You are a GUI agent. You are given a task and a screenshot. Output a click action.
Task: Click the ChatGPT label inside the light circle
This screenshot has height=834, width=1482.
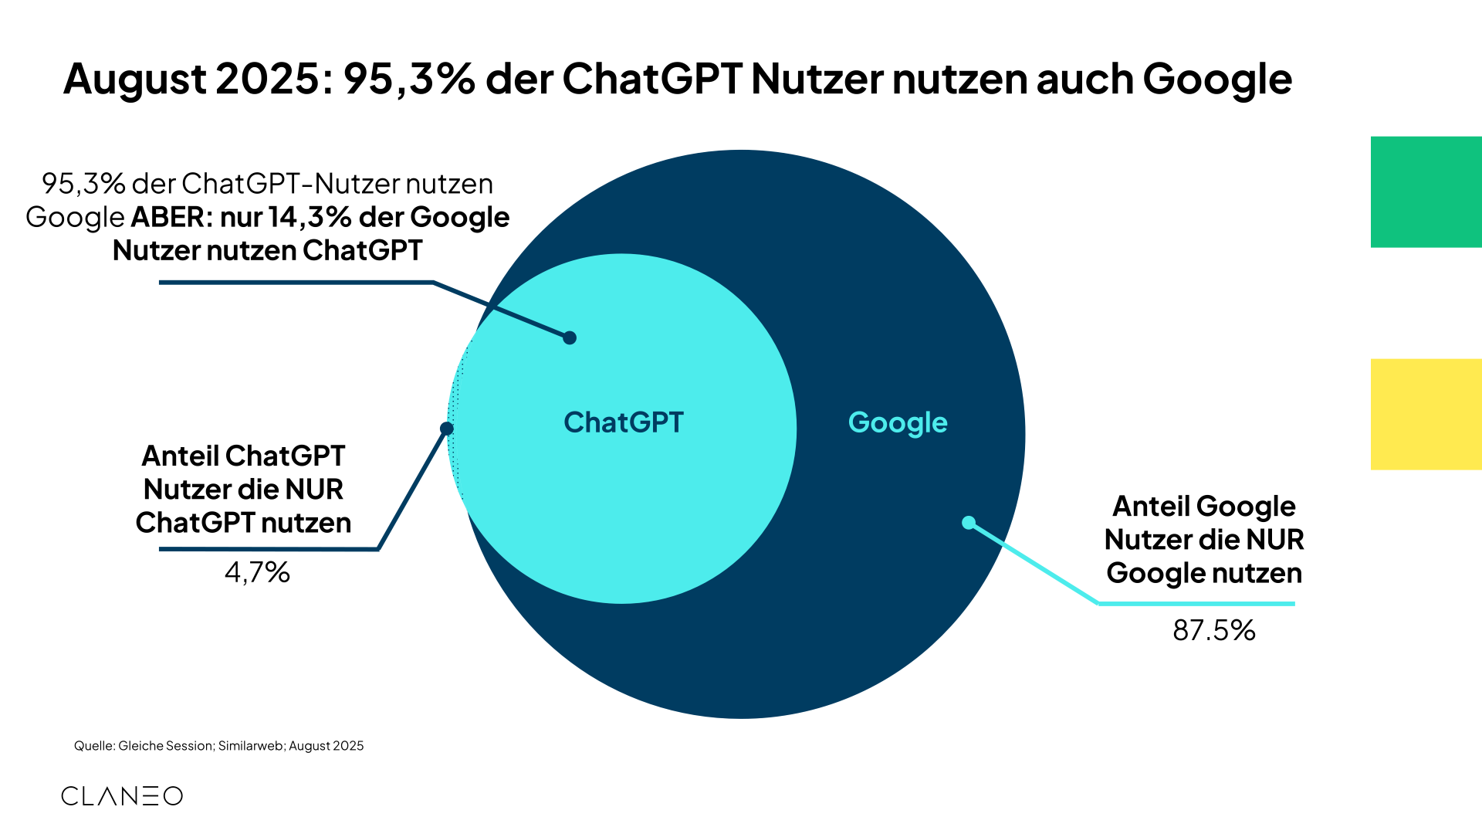pos(624,422)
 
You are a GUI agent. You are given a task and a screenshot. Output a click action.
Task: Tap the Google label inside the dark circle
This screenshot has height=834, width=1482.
pos(898,422)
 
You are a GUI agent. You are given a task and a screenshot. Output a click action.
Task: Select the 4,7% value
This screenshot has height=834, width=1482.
pos(257,572)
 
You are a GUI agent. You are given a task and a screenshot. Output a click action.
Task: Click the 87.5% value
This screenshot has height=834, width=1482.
pos(1214,630)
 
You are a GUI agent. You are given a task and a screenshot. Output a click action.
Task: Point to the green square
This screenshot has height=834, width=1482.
pos(1426,192)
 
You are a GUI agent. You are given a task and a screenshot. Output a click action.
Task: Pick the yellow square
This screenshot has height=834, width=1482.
pos(1426,414)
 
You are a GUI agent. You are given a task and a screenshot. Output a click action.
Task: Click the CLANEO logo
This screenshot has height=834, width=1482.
pos(122,796)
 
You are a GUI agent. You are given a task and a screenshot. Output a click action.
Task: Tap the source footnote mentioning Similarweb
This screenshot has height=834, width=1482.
pos(218,746)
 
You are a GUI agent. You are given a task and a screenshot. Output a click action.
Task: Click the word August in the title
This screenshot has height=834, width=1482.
pos(135,79)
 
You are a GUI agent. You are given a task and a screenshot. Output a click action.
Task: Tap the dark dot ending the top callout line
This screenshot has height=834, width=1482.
pos(570,337)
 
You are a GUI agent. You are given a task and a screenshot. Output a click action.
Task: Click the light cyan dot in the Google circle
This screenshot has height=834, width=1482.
pos(969,523)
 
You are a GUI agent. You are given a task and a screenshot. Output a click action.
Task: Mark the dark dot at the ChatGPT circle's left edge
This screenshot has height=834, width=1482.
pos(446,429)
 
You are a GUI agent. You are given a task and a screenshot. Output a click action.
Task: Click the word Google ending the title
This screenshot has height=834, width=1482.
pos(1217,79)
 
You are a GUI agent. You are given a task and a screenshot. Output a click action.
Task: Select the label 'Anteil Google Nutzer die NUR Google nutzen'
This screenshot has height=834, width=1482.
pos(1204,540)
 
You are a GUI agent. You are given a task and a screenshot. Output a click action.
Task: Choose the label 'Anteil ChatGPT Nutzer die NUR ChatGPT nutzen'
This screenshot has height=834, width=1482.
pos(243,490)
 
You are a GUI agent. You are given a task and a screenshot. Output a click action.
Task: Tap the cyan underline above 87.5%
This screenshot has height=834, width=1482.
pos(1196,604)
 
